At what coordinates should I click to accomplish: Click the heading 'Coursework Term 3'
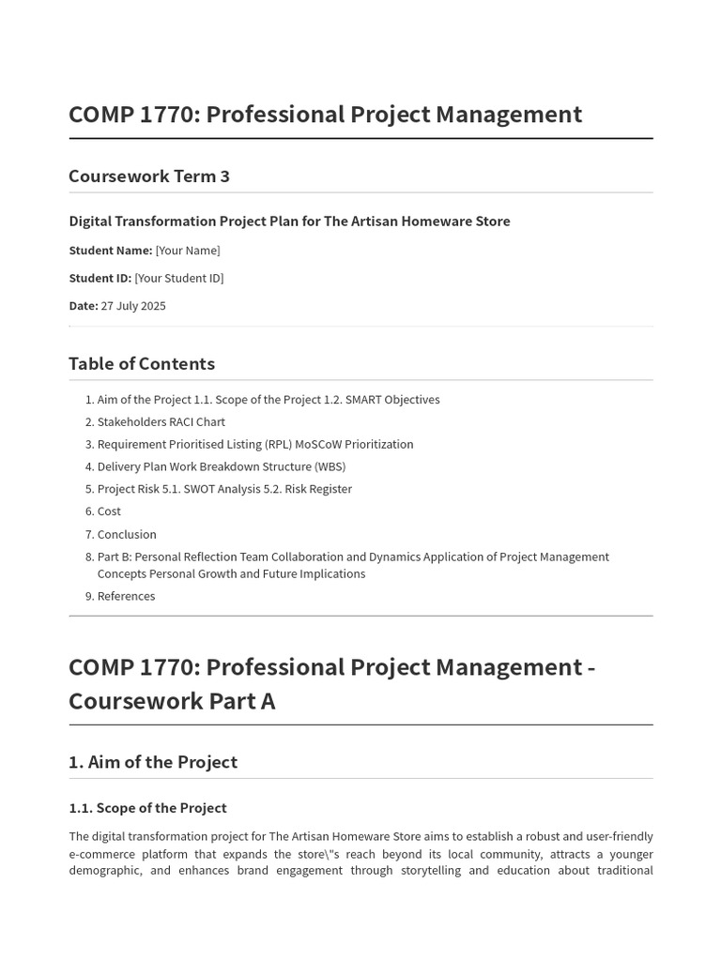pos(149,176)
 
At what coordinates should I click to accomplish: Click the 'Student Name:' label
pos(111,251)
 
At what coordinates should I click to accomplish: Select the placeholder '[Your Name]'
pos(188,251)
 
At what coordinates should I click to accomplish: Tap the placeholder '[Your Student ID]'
pos(179,278)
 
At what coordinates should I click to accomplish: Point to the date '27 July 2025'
pos(133,306)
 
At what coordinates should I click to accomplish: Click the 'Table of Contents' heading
pos(142,363)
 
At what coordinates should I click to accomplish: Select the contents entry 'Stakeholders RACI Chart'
pos(161,422)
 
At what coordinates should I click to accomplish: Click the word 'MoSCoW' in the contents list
pos(316,445)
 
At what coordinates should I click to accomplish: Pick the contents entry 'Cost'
pos(109,511)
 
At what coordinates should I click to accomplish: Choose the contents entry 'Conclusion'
pos(127,535)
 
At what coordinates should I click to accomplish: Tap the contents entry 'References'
pos(126,596)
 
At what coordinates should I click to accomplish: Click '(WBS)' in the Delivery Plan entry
pos(330,467)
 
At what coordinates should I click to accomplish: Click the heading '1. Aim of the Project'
pos(153,762)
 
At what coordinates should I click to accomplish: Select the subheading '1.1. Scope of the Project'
pos(147,808)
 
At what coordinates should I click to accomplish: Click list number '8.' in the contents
pos(89,557)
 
